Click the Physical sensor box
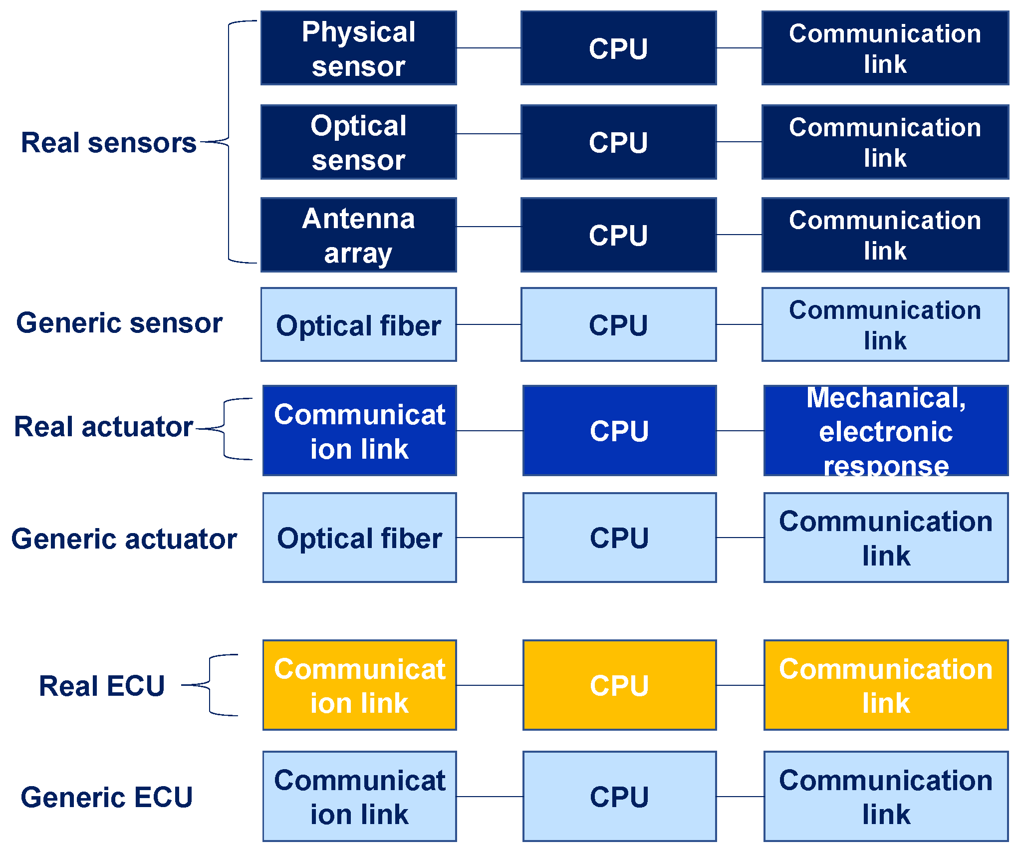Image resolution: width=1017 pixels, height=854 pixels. tap(358, 48)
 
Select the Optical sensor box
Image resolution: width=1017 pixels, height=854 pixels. tap(358, 142)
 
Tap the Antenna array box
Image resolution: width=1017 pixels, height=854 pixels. tap(358, 235)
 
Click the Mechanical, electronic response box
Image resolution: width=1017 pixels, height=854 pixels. tap(886, 430)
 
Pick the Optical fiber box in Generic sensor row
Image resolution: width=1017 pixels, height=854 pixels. tap(358, 324)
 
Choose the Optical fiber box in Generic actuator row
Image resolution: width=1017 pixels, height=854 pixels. tap(359, 538)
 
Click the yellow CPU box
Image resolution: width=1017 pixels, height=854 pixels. tap(619, 685)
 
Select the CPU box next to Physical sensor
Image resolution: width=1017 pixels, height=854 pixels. tap(618, 48)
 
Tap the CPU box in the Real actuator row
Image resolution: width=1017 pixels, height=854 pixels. tap(619, 430)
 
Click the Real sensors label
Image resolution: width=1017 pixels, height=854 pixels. tap(108, 143)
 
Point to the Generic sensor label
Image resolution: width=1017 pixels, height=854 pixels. tap(119, 323)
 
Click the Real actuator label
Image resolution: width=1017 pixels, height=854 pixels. tap(103, 427)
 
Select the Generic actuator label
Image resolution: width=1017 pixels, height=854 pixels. tap(124, 539)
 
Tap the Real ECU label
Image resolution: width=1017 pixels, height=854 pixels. tap(102, 686)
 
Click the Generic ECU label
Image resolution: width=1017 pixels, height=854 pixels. tap(106, 797)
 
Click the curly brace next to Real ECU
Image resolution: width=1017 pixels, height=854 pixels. tap(212, 685)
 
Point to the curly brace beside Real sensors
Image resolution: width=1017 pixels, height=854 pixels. tap(229, 142)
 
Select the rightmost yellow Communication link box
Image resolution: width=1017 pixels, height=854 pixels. tap(886, 685)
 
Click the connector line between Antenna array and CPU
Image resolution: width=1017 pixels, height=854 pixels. tap(489, 227)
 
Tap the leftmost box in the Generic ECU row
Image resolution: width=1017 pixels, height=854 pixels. tap(359, 796)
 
